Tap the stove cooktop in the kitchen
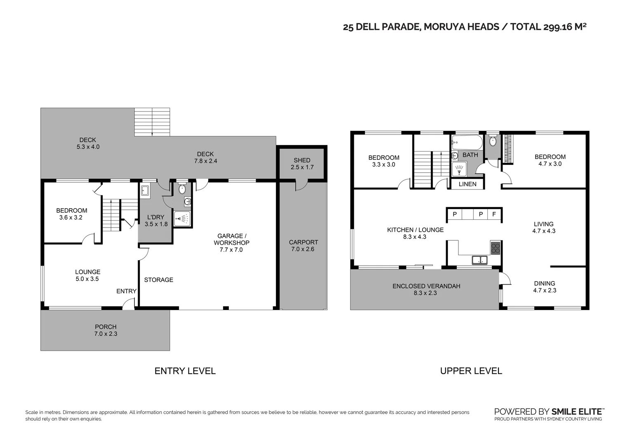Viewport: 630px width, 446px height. tap(495, 248)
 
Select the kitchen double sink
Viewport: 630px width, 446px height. tap(480, 260)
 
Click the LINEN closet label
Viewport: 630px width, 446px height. tap(467, 184)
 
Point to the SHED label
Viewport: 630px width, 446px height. tap(302, 160)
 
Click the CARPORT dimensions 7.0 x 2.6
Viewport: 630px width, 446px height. tap(303, 249)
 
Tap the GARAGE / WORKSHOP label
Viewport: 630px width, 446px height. tap(231, 239)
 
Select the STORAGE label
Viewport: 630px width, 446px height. tap(158, 280)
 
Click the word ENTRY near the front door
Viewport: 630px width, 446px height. tap(126, 291)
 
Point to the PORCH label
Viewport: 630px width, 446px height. tap(106, 327)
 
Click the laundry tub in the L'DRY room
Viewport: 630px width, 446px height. tap(145, 190)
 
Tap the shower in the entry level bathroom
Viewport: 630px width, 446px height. tap(182, 218)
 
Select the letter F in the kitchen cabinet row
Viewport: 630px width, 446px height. tap(494, 214)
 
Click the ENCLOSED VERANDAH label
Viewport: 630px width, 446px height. tap(426, 286)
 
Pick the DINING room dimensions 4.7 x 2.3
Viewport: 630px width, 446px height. tap(544, 290)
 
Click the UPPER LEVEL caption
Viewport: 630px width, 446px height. tap(471, 371)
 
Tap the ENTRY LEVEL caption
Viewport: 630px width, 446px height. tap(185, 371)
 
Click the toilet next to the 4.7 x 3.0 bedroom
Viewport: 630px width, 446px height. tap(492, 141)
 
